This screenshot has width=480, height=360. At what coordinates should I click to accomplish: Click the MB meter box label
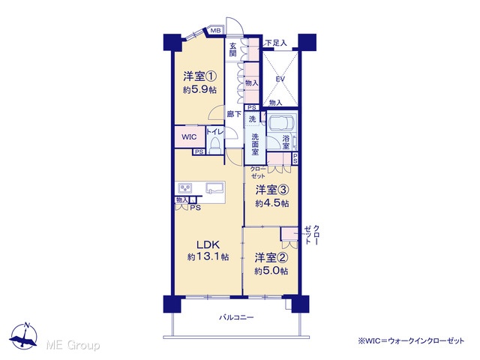215,31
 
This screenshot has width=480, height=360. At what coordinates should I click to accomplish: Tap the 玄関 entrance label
233,50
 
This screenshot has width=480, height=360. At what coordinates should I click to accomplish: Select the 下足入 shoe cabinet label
276,43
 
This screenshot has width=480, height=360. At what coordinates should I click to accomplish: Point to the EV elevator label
280,79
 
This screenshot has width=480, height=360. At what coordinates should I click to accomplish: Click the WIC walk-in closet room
190,136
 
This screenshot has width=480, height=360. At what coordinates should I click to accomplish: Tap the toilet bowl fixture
215,145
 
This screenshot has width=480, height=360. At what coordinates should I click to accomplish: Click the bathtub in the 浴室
282,122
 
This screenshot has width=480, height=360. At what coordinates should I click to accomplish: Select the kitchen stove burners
185,187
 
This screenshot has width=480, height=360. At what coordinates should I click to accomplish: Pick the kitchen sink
215,187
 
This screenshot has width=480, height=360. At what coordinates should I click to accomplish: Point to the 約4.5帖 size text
272,203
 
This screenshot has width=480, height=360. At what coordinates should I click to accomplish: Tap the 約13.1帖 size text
208,256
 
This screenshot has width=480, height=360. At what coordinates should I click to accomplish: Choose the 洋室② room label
271,258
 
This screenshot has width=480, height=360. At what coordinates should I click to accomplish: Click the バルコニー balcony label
236,317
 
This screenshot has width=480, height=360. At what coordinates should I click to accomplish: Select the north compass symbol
24,336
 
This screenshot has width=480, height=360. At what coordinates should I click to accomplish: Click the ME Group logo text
73,345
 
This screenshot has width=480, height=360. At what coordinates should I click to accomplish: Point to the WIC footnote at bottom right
411,340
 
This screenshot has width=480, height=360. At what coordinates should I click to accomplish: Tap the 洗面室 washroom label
255,144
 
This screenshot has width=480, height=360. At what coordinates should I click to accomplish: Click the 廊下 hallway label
234,114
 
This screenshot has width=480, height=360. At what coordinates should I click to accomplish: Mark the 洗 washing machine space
252,118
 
